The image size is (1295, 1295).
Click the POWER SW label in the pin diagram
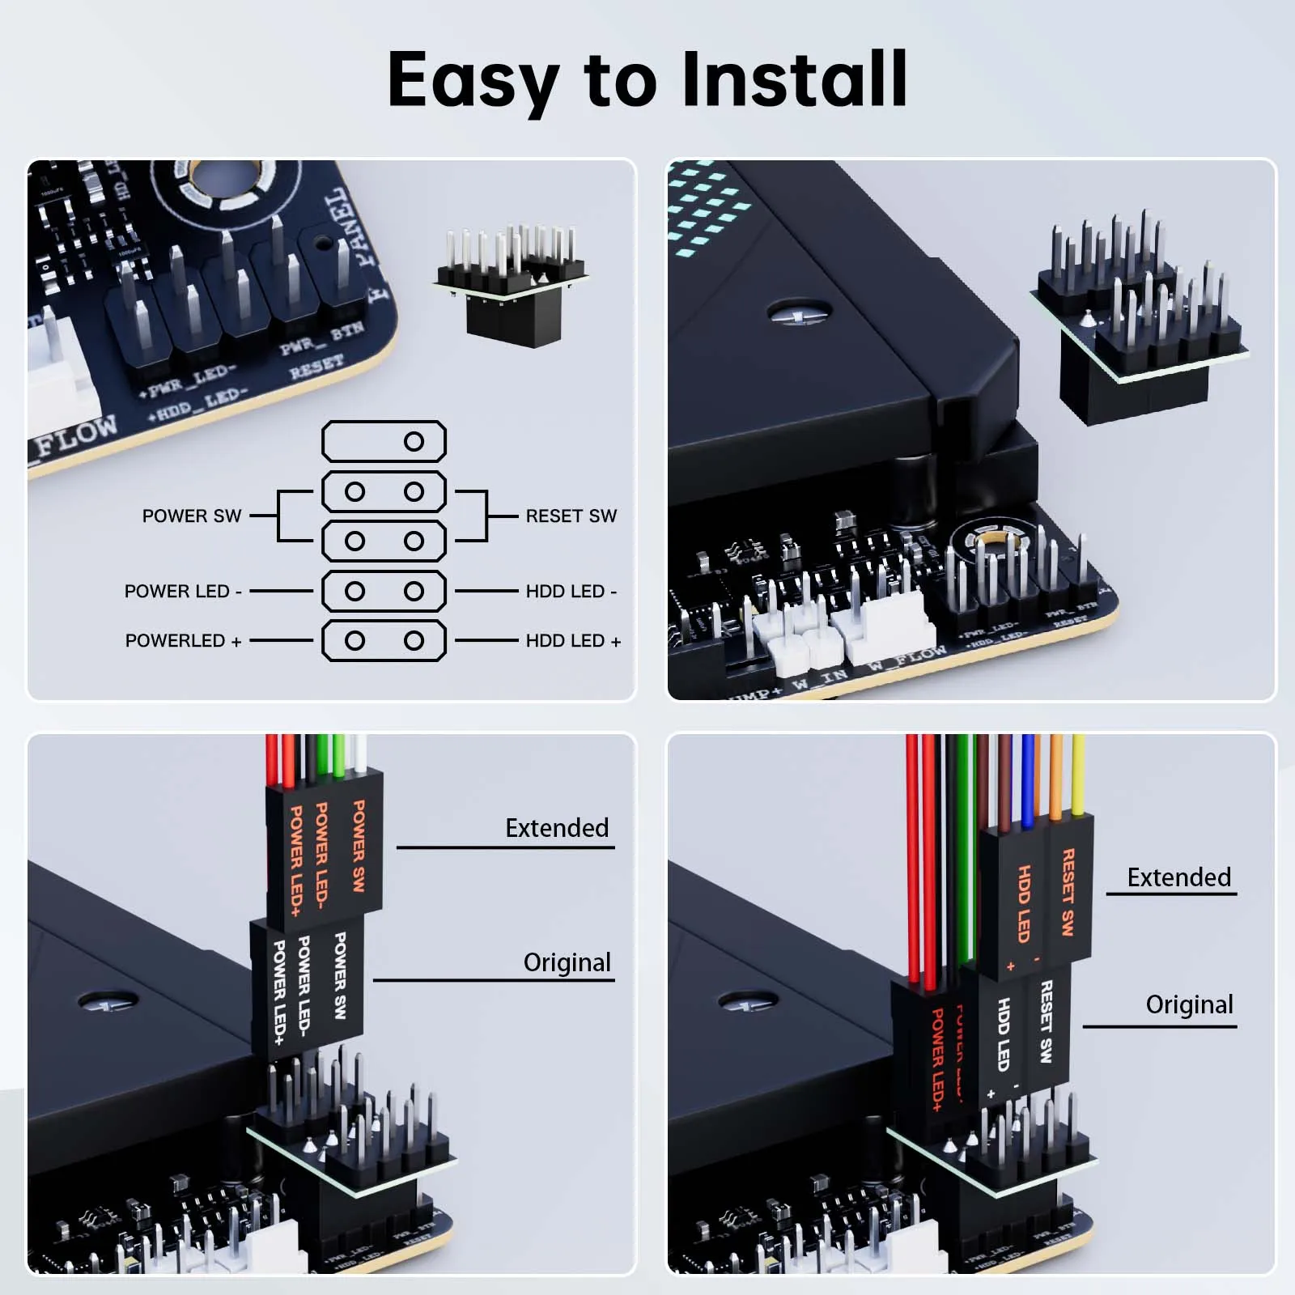(x=192, y=516)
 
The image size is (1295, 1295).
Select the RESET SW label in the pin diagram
(x=571, y=516)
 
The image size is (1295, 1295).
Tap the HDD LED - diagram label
(x=571, y=592)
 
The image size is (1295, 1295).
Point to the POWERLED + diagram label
(x=183, y=641)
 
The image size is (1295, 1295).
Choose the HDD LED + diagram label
(x=573, y=641)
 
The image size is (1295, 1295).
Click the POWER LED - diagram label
(x=183, y=592)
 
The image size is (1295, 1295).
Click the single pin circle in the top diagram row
(x=414, y=442)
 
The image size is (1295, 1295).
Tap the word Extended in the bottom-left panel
(x=557, y=828)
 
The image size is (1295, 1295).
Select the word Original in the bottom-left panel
(x=567, y=962)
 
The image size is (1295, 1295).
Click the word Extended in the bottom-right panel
(x=1178, y=877)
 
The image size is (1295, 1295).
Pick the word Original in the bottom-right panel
(x=1189, y=1004)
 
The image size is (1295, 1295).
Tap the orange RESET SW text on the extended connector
(x=1068, y=892)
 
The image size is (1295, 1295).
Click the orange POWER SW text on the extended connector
(x=359, y=846)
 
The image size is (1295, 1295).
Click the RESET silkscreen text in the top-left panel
(x=317, y=367)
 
